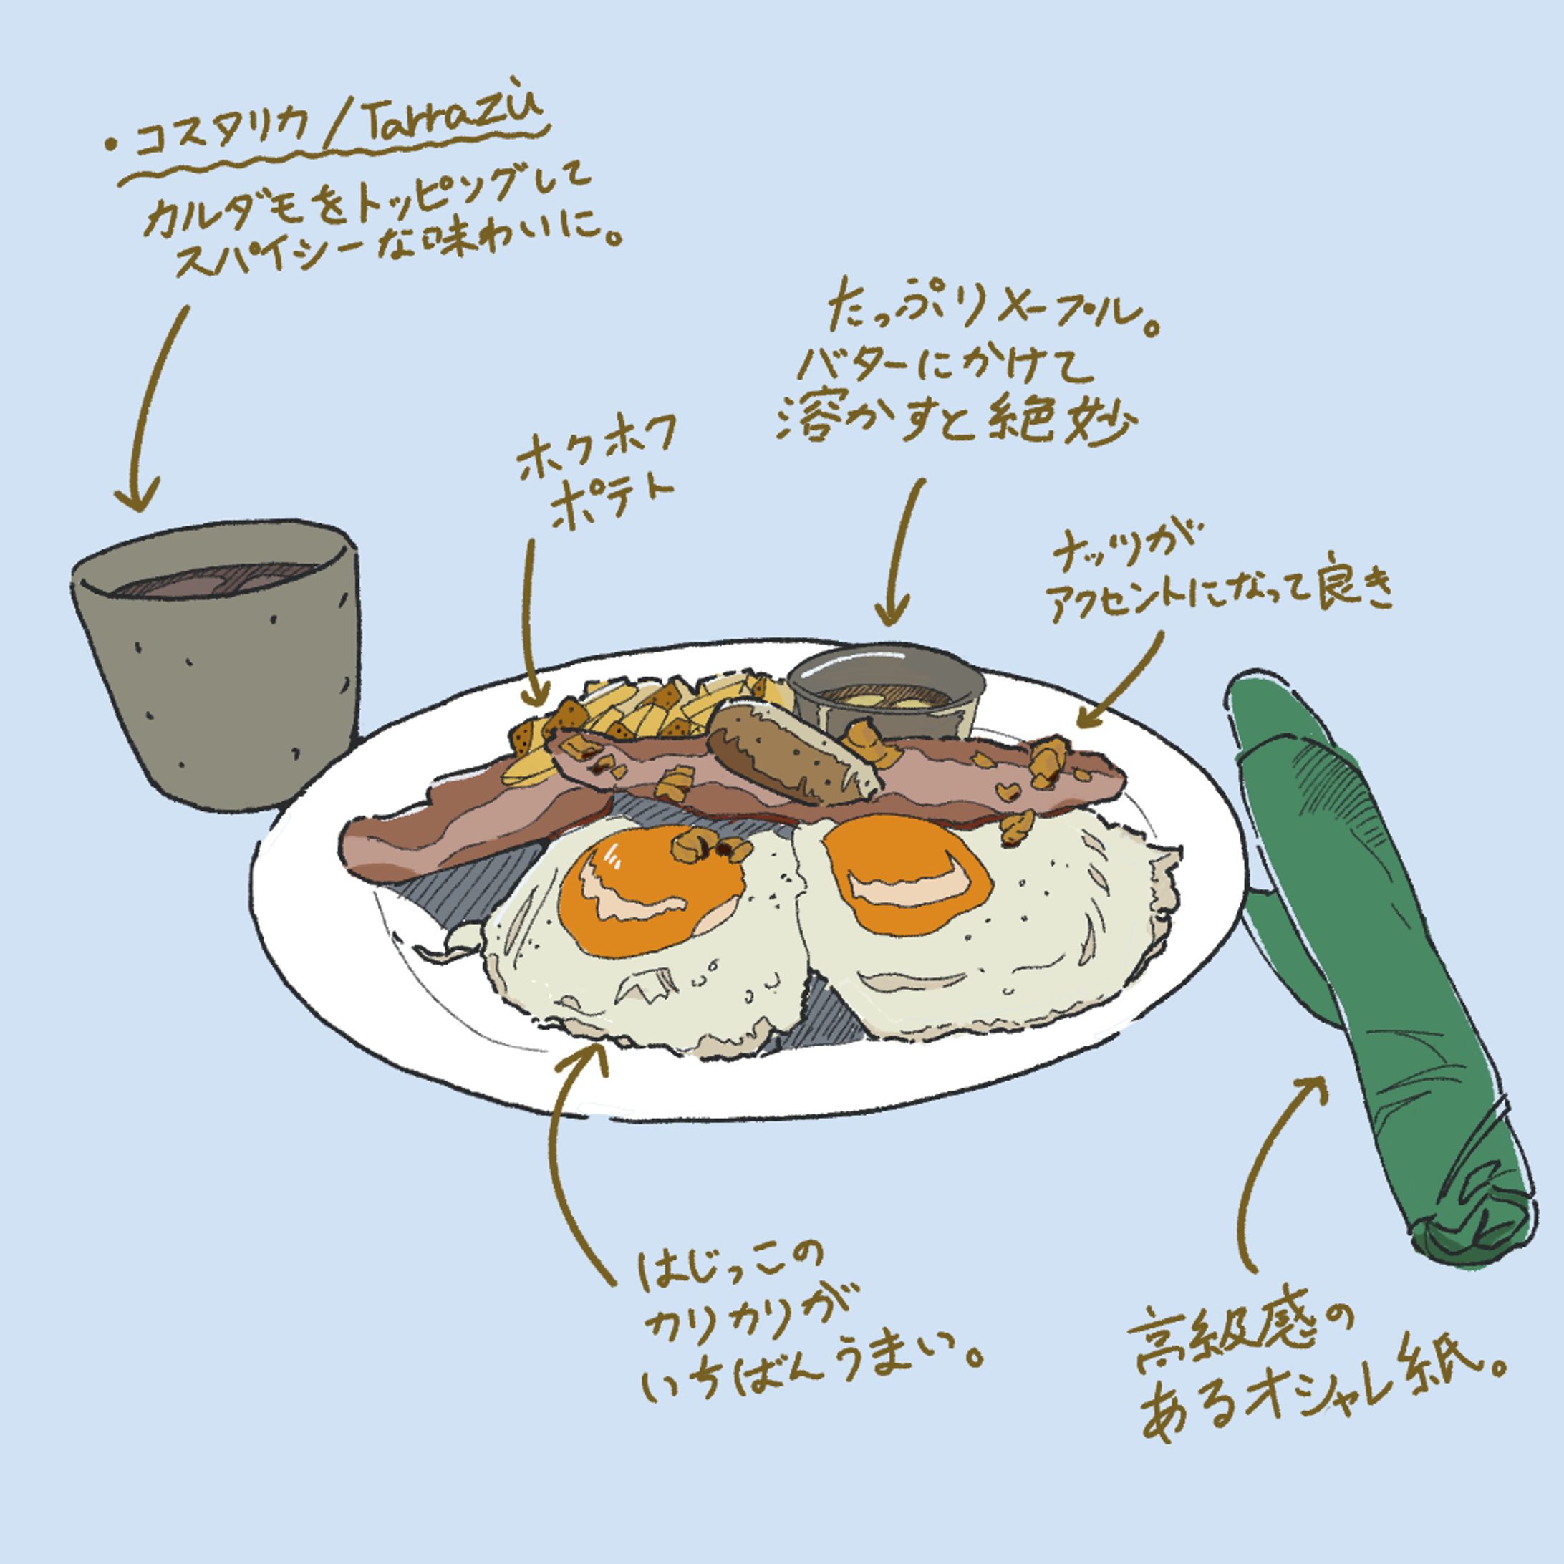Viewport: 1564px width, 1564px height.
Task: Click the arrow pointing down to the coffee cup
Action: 154,405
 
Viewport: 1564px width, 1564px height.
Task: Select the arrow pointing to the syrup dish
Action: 902,551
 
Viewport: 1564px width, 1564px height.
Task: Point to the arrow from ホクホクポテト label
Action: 530,623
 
